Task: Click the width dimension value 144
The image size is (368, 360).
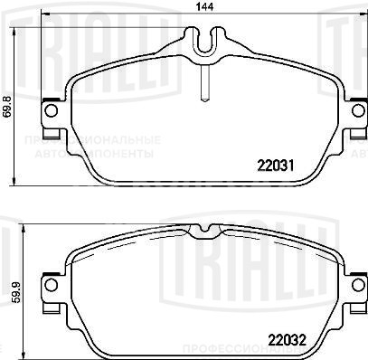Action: (x=210, y=9)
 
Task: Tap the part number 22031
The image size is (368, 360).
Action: (x=275, y=166)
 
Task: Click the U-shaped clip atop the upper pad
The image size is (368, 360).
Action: (x=206, y=43)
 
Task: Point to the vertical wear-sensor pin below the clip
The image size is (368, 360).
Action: (x=206, y=81)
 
